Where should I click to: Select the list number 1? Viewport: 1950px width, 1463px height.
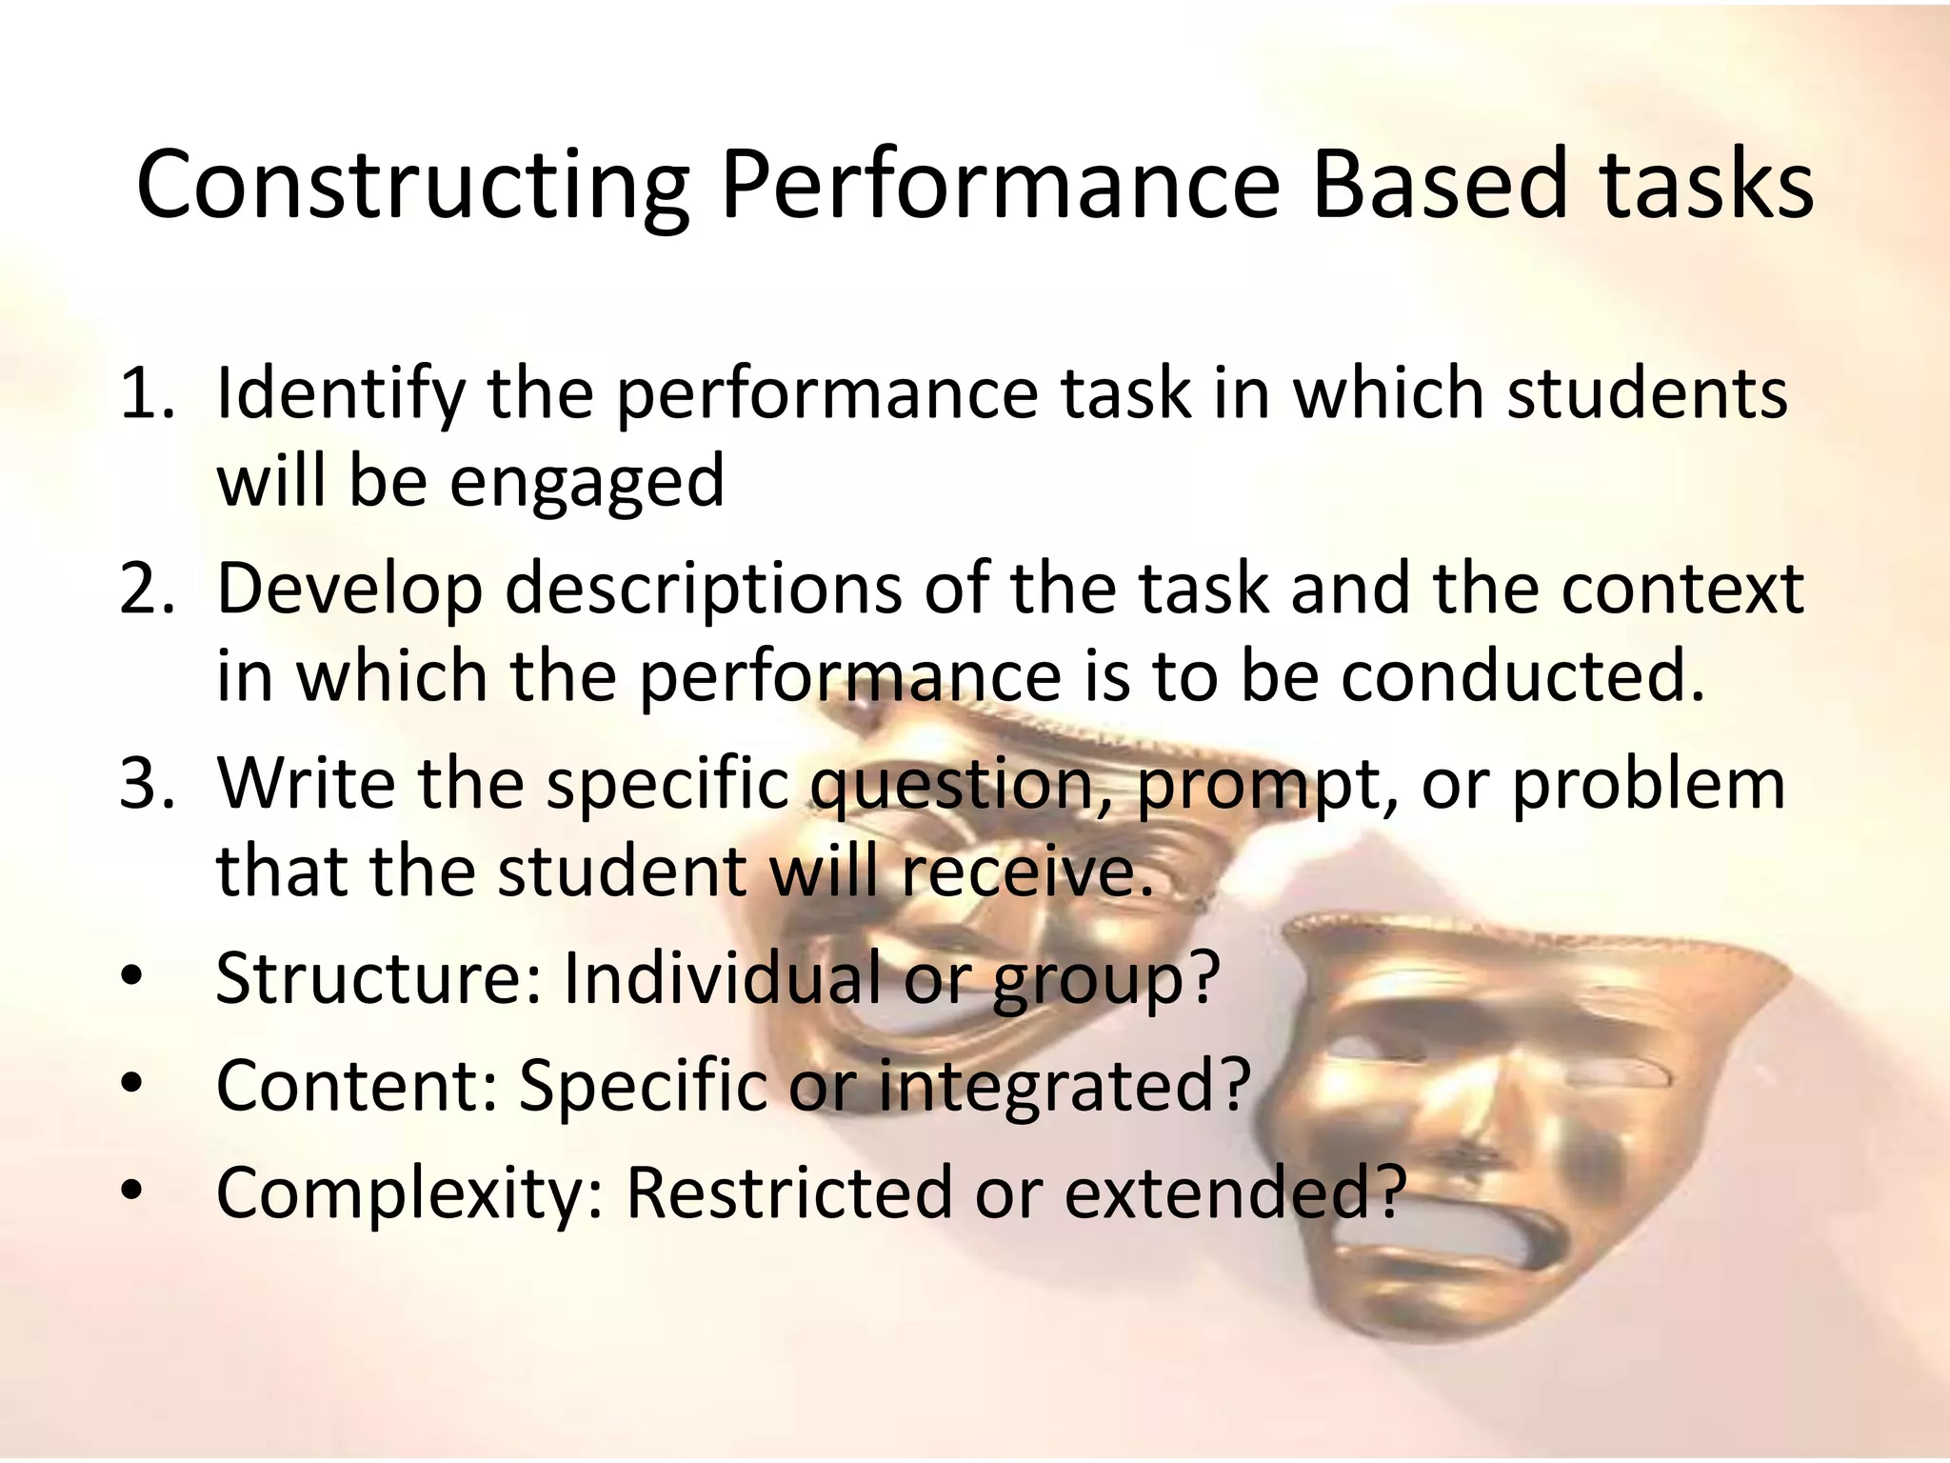click(145, 394)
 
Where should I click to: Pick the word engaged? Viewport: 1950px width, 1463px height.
click(587, 482)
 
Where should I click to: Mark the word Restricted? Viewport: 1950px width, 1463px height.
click(788, 1192)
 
